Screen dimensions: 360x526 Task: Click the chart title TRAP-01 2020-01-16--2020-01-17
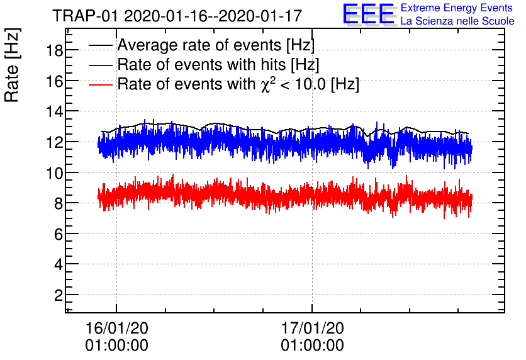pos(177,15)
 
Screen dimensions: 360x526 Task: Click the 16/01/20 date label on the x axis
pos(116,328)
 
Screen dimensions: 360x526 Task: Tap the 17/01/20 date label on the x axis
pos(312,328)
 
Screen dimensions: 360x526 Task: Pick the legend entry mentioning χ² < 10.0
pos(238,84)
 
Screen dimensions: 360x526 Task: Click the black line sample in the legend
pos(101,46)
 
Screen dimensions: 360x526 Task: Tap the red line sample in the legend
pos(101,85)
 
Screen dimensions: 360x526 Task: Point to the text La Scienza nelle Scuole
pos(457,21)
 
